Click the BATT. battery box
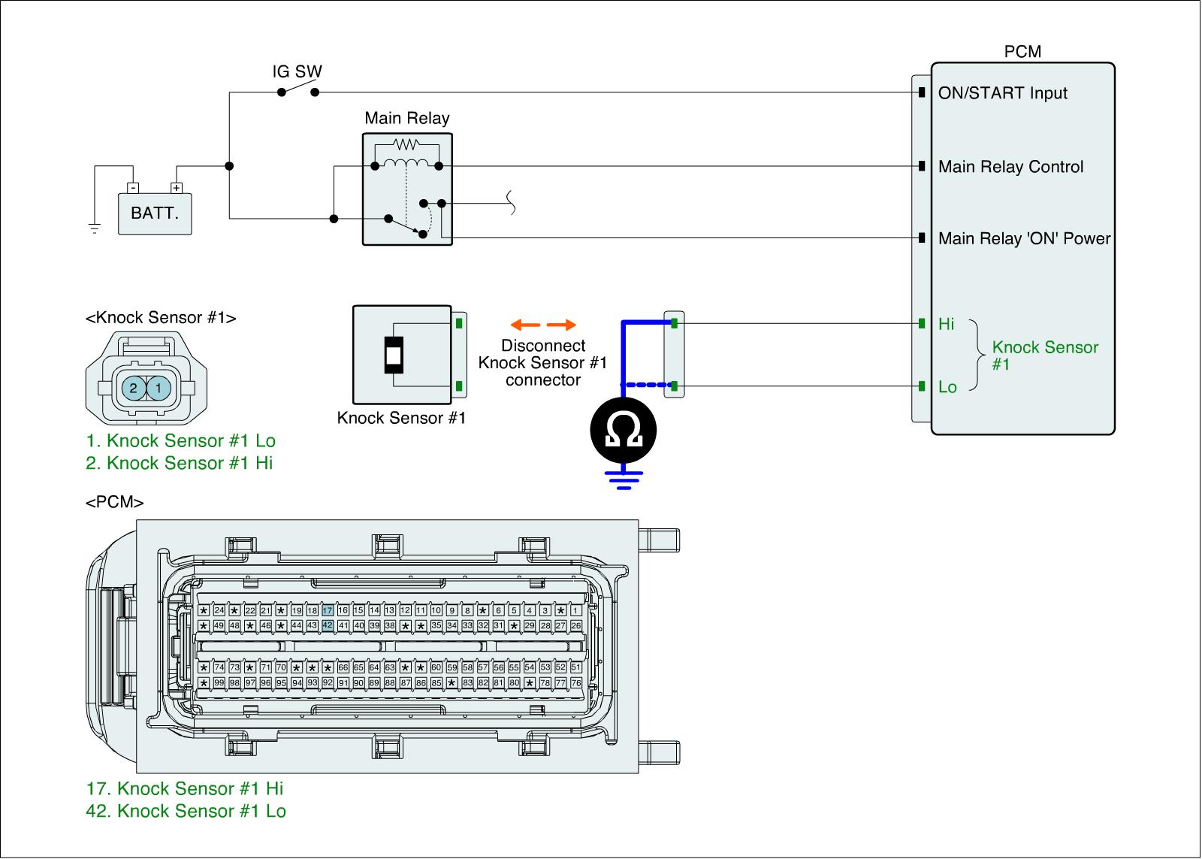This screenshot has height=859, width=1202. click(x=155, y=213)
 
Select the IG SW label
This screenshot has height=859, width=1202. click(x=297, y=72)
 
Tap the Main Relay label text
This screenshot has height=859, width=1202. click(x=406, y=118)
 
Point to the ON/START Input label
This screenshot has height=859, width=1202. click(x=1002, y=93)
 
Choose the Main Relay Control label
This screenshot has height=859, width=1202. click(x=1010, y=167)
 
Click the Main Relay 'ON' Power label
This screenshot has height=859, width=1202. click(x=1024, y=239)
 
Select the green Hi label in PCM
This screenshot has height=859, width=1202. click(x=947, y=324)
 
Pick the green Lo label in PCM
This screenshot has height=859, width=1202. click(x=947, y=388)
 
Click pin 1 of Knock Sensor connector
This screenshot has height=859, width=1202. click(x=159, y=388)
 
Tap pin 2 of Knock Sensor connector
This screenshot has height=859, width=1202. click(x=133, y=388)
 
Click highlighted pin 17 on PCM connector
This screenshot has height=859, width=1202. click(x=328, y=611)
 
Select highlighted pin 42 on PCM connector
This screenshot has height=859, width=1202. click(x=328, y=625)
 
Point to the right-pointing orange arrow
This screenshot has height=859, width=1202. click(x=562, y=325)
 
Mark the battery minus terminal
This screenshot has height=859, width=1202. click(x=132, y=188)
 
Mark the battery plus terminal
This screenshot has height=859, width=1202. click(x=177, y=188)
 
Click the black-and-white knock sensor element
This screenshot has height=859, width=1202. click(x=394, y=355)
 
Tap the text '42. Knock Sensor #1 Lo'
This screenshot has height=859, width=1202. click(x=186, y=811)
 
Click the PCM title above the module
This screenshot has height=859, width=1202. click(x=1022, y=52)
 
